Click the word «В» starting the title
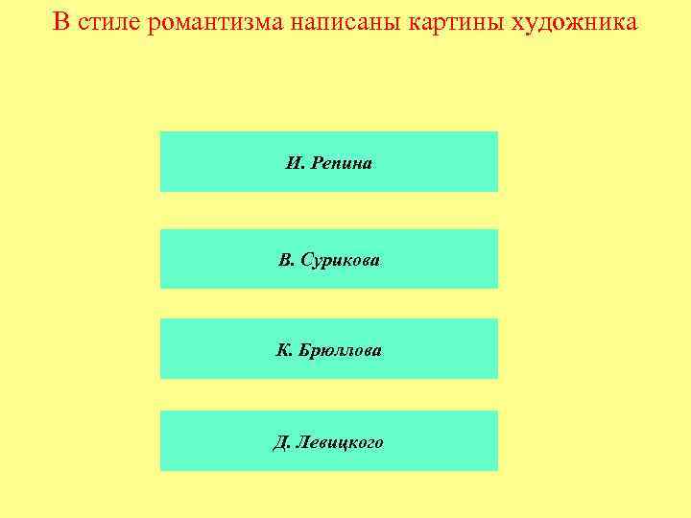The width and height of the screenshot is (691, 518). tap(61, 21)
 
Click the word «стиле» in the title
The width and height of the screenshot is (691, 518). tap(111, 21)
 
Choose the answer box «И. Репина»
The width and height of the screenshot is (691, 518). tap(328, 162)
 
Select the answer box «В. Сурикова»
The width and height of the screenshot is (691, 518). tap(328, 259)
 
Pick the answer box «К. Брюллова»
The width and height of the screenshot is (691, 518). tap(328, 349)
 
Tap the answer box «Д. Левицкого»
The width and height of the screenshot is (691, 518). tap(328, 441)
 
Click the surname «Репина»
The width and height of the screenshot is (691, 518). tap(341, 163)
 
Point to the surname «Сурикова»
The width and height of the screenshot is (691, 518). tap(341, 260)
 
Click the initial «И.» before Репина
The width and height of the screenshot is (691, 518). tap(294, 163)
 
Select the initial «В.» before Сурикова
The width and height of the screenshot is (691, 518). tap(285, 260)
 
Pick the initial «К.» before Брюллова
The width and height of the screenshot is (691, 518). tap(283, 350)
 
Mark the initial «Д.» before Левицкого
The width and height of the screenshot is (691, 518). tap(281, 442)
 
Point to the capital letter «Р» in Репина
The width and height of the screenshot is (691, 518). tap(315, 163)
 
